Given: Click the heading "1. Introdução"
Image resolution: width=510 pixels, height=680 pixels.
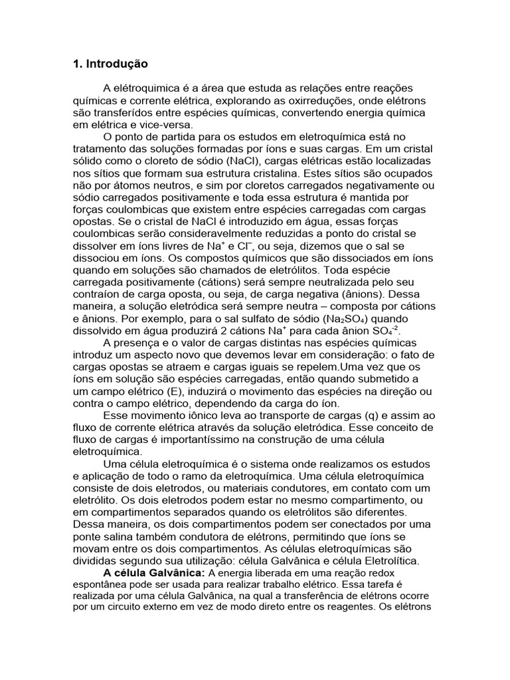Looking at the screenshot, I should (110, 64).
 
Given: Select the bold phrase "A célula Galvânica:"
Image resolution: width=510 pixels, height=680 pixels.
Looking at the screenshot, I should (153, 573).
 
